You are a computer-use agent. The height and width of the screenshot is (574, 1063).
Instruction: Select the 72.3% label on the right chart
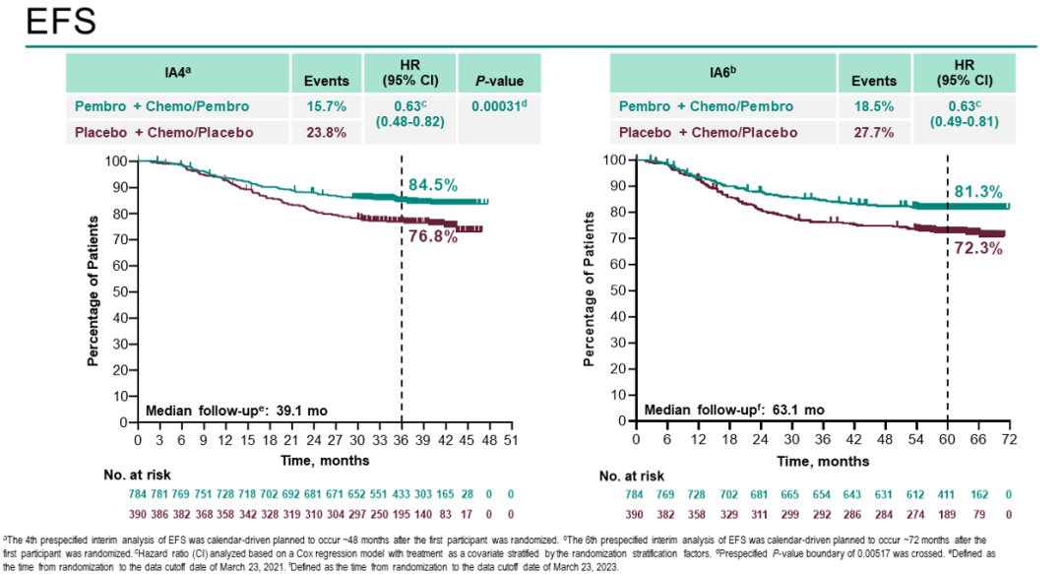pos(977,249)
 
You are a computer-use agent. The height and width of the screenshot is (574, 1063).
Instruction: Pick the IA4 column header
pos(177,73)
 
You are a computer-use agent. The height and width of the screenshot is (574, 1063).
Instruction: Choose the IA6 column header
pos(722,73)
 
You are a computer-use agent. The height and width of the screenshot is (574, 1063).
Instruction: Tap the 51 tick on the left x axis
pos(511,439)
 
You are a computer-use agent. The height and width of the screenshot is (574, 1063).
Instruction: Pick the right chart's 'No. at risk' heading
pos(631,477)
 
